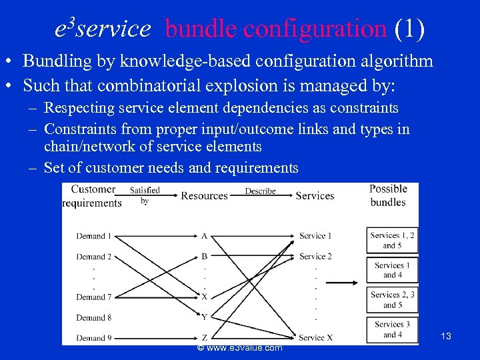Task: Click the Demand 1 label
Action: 93,236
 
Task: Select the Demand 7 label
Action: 93,297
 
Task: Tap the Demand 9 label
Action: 93,337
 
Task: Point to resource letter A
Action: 204,236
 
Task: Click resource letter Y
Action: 204,317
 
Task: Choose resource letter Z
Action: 204,337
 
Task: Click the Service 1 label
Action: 315,236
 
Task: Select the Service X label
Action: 316,337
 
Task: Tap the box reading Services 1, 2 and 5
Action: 392,240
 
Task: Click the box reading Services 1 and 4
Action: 392,270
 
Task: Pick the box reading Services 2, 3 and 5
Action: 392,300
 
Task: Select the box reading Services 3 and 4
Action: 392,330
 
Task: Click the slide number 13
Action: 446,336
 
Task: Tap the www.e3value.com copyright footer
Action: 240,348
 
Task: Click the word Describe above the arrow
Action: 260,191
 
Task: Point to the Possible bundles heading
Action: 388,195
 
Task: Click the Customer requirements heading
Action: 93,196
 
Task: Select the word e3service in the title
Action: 103,28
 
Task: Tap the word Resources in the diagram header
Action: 204,196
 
